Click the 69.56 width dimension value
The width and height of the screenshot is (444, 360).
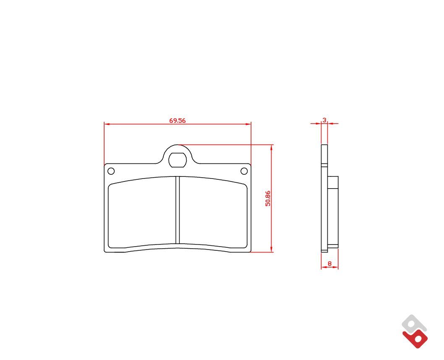pos(178,121)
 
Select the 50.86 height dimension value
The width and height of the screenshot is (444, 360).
pos(268,198)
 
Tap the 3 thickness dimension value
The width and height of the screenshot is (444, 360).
pos(324,120)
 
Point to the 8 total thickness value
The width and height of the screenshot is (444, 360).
pos(329,264)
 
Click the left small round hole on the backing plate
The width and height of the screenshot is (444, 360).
pos(111,171)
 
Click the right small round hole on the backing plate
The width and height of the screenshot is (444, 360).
pos(244,171)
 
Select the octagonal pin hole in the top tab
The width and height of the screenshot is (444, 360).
pos(178,160)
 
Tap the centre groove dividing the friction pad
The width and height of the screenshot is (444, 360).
pos(178,210)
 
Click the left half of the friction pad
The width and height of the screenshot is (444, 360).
pos(142,212)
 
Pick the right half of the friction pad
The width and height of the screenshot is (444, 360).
pos(213,212)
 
